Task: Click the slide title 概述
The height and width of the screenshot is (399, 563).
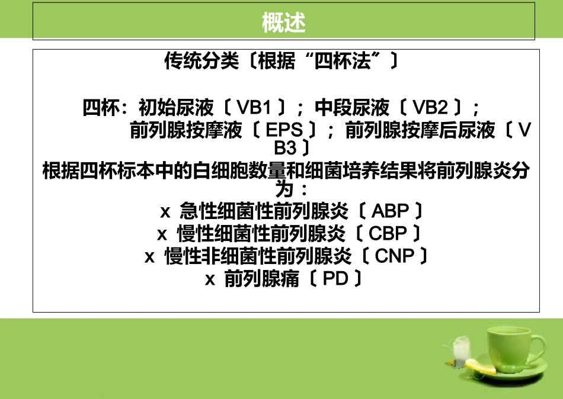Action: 283,23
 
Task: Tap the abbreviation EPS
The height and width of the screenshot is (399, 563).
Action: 284,130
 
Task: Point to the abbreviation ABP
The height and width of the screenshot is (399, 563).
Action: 391,211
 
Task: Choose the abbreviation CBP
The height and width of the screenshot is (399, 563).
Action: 389,234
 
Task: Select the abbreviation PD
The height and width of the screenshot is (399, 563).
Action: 335,279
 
